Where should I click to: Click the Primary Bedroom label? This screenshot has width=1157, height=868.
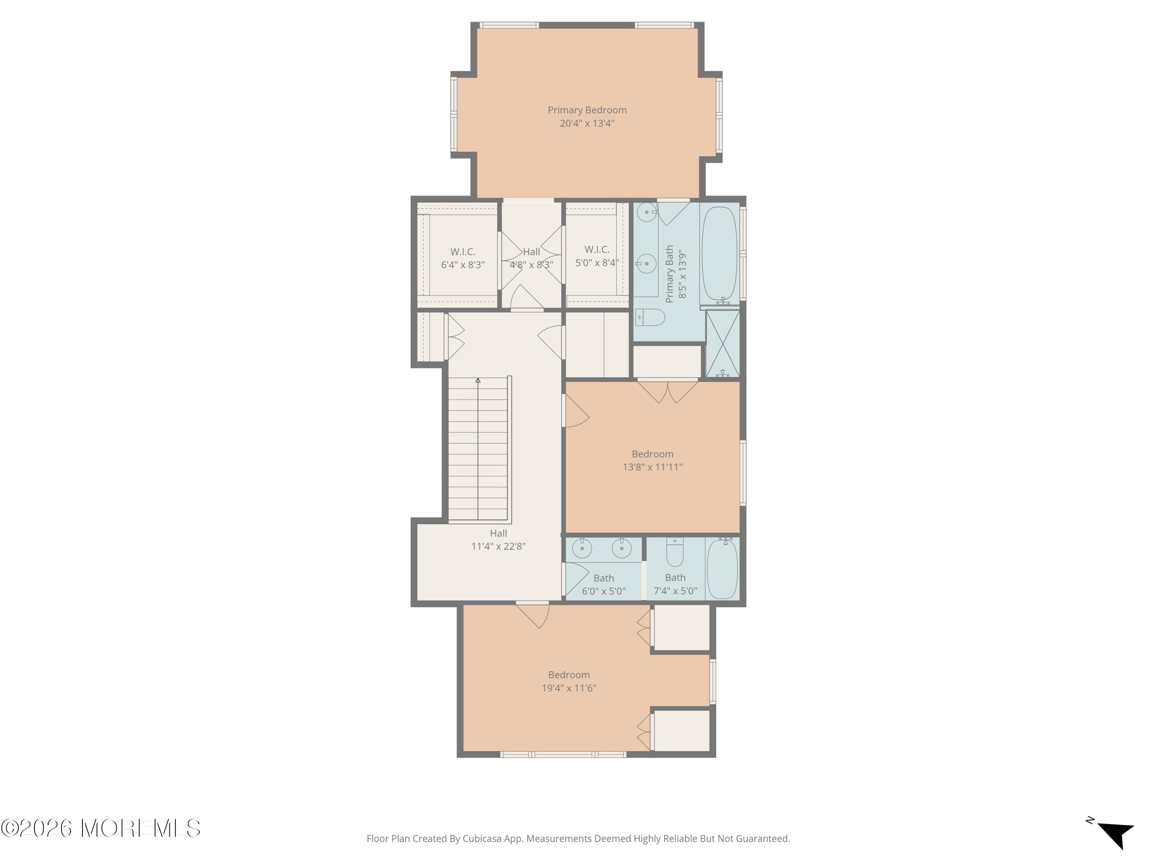(587, 110)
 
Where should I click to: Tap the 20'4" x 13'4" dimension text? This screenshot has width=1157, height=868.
(587, 123)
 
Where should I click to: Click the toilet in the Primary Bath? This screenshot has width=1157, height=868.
(651, 317)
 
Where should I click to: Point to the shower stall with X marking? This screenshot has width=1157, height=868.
(722, 344)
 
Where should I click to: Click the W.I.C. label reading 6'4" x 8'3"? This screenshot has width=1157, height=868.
(463, 258)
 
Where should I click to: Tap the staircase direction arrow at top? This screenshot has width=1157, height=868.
(477, 380)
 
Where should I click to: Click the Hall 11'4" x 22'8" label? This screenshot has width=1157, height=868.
(498, 539)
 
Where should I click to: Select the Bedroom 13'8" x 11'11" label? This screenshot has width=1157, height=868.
(652, 460)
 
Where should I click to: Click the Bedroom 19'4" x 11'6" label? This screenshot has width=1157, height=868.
(568, 681)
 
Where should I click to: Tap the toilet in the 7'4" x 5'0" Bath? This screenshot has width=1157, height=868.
(675, 554)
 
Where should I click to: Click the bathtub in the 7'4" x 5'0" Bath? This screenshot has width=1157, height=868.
(722, 569)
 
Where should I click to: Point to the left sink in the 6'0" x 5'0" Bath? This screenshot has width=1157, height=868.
(582, 548)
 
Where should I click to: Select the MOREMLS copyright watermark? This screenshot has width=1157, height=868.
(100, 828)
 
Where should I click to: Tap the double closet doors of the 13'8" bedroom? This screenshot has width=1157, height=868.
(668, 391)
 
